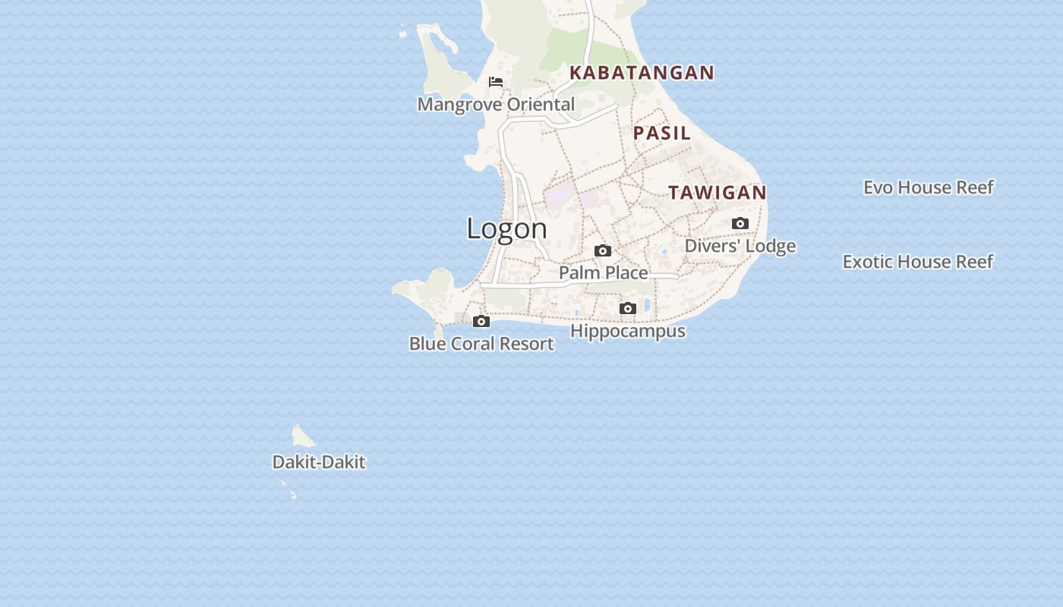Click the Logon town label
click(x=506, y=228)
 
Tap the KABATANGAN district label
click(x=642, y=73)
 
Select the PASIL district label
click(x=662, y=133)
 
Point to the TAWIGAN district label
click(x=718, y=193)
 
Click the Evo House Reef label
click(x=928, y=187)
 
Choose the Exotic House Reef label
click(x=917, y=262)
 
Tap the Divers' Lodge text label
click(x=740, y=246)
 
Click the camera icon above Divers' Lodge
click(x=740, y=224)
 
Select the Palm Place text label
click(x=604, y=272)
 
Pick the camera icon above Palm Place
click(x=603, y=251)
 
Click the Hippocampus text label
click(x=628, y=332)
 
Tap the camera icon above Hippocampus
click(x=627, y=309)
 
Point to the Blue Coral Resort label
click(x=481, y=344)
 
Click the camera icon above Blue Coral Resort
click(x=481, y=322)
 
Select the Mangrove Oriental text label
click(x=496, y=105)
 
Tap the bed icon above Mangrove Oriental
click(x=496, y=82)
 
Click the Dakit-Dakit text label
click(x=319, y=462)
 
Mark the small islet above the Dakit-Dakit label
click(x=302, y=436)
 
